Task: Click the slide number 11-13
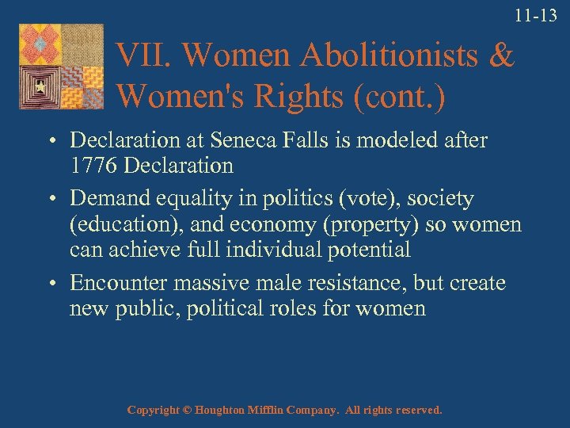[x=535, y=15]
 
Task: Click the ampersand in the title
[x=500, y=56]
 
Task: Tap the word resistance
[x=377, y=283]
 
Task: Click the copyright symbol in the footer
[x=187, y=411]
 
